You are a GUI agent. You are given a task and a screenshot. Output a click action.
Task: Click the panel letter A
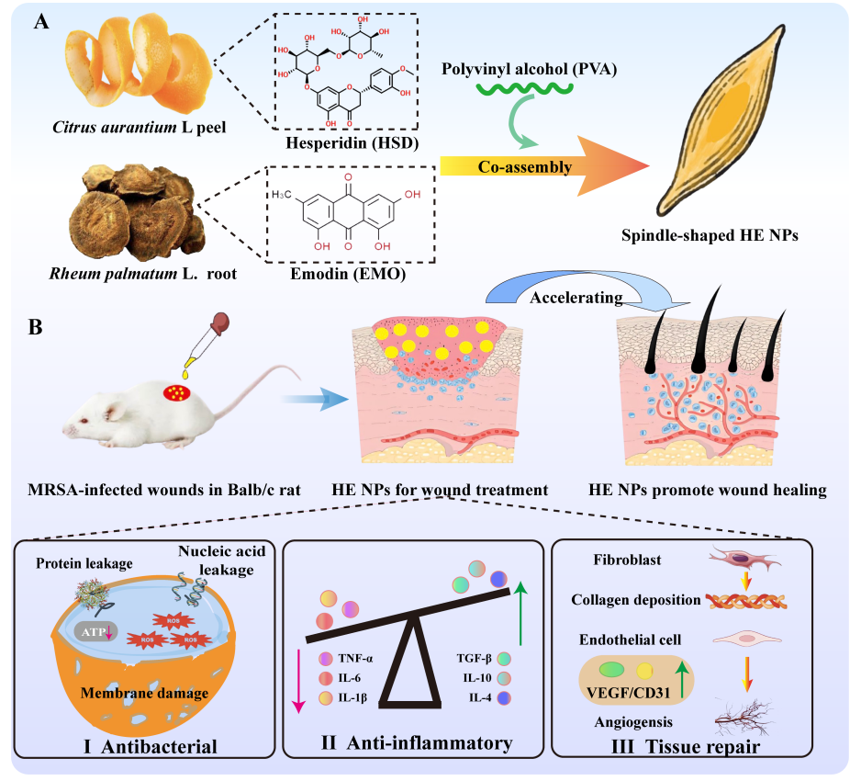tap(41, 21)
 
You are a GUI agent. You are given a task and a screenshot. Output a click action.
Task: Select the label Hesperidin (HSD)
tap(352, 143)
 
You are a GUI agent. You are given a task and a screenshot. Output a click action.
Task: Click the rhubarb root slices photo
tap(136, 212)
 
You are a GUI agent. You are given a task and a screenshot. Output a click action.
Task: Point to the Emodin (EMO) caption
tap(348, 274)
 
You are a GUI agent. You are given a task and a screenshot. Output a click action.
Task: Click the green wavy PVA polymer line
tap(524, 88)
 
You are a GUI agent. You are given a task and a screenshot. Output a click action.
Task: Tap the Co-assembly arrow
tap(543, 166)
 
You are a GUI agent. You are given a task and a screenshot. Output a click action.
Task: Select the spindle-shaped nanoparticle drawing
tap(721, 120)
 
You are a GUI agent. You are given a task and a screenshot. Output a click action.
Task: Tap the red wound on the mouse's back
tap(177, 392)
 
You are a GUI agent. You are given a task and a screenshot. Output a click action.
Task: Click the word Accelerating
tap(576, 298)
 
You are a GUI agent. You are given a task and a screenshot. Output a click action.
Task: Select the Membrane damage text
tap(144, 693)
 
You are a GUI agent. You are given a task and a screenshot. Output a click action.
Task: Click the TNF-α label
tap(355, 659)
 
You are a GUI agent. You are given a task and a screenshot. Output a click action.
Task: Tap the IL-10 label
tap(477, 678)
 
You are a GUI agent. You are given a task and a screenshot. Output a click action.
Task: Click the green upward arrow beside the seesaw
tap(520, 614)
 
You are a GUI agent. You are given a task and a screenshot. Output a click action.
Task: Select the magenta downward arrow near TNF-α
tap(298, 681)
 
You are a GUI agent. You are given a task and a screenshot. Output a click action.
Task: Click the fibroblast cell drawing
tap(744, 560)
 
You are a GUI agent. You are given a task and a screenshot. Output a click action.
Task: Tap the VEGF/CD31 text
tap(628, 693)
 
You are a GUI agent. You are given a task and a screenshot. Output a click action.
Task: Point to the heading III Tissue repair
tap(686, 746)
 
